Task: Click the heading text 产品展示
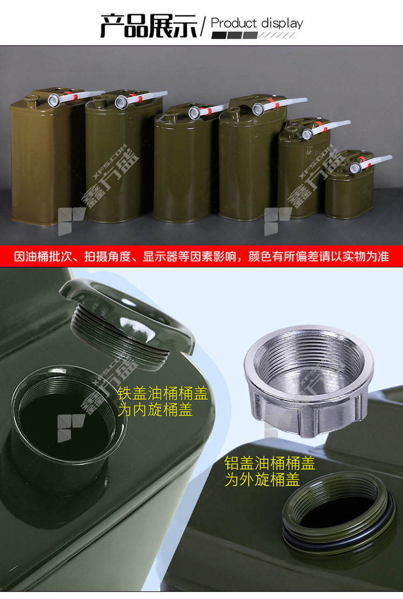point(149,26)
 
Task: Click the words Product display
point(257,23)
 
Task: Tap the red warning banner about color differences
point(201,256)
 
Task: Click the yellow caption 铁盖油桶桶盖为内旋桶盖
point(163,401)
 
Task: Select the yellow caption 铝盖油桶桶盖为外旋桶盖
point(270,471)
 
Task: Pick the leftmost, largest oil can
point(41,157)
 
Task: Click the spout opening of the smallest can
point(356,167)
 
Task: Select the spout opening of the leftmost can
point(54,100)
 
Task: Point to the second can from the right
point(302,168)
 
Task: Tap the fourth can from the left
point(252,158)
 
